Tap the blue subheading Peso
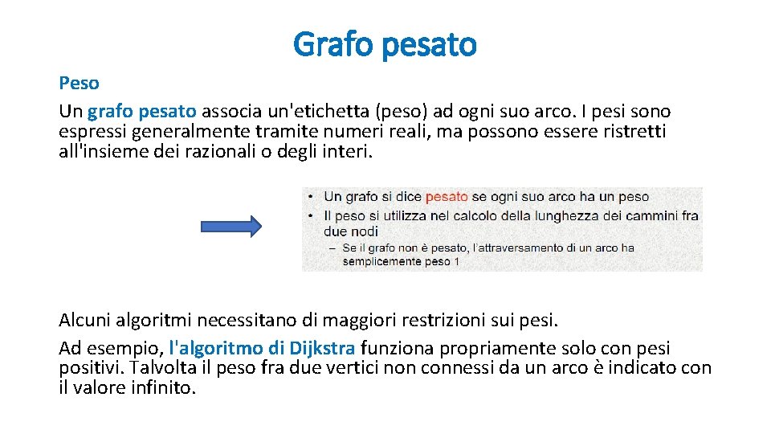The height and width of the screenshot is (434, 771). pos(79,83)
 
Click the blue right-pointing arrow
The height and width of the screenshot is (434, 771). pos(230,227)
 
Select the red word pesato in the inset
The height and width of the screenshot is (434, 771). pos(447,196)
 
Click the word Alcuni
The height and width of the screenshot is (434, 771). pos(86,321)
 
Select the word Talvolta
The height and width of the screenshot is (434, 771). pos(162,368)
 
